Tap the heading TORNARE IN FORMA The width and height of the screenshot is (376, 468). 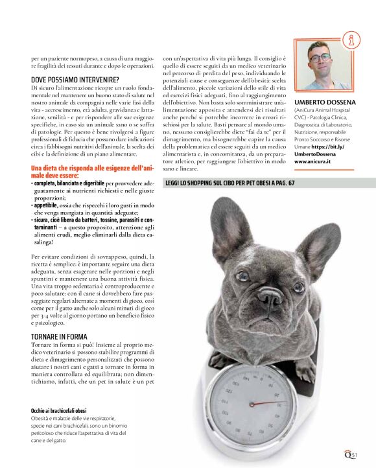click(x=59, y=336)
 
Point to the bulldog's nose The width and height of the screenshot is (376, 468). click(x=270, y=296)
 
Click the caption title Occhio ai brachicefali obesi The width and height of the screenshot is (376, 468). click(x=59, y=411)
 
